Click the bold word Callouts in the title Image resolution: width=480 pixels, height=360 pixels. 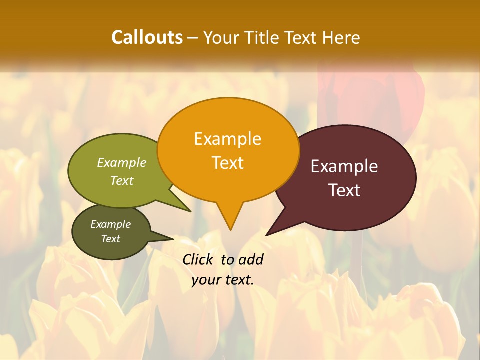[147, 37]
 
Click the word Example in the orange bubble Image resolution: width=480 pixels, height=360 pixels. [227, 139]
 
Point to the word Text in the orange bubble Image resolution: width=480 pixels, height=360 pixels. [227, 163]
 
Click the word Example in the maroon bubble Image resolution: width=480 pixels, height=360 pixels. [344, 166]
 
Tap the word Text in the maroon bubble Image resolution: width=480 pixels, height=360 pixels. [344, 190]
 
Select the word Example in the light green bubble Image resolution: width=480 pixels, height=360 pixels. [122, 163]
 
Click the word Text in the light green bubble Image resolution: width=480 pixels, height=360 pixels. [122, 180]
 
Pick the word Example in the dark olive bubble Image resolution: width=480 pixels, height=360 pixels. [110, 224]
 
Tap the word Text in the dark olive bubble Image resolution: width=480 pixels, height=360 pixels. [110, 239]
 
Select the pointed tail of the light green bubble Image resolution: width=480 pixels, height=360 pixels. [183, 205]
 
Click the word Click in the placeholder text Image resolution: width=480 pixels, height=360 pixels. [199, 259]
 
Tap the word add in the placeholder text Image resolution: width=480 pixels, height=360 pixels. [250, 259]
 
